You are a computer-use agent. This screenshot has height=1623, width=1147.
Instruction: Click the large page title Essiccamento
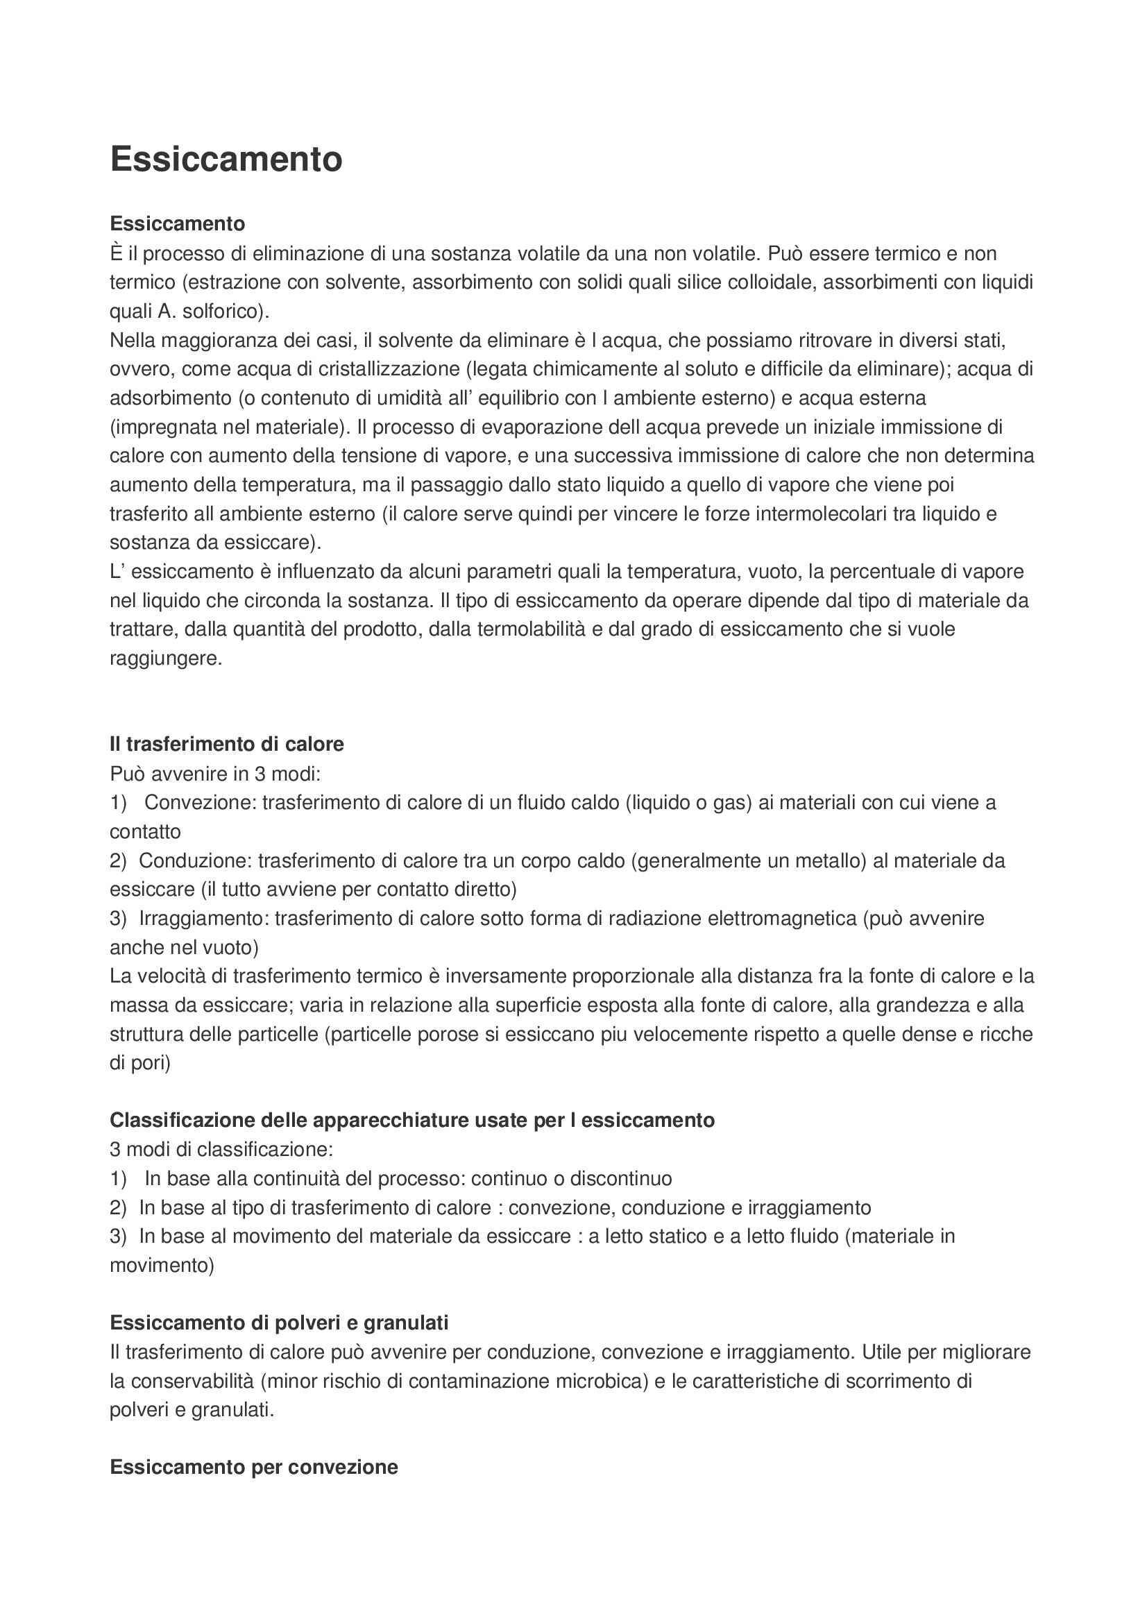pyautogui.click(x=226, y=159)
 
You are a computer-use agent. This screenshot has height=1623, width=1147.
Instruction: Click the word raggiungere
pyautogui.click(x=165, y=658)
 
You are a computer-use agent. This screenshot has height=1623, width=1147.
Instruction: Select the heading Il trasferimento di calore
pyautogui.click(x=227, y=745)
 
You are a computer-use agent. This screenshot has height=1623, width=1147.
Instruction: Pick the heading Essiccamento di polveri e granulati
pyautogui.click(x=279, y=1323)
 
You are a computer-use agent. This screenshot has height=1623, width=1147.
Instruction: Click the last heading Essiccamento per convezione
pyautogui.click(x=254, y=1468)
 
